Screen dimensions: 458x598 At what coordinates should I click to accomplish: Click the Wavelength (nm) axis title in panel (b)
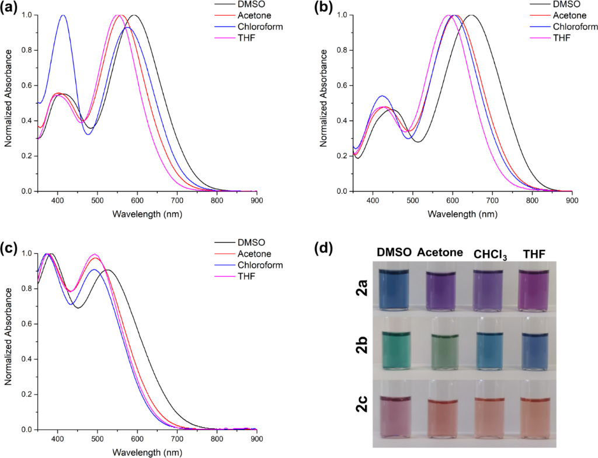coord(462,214)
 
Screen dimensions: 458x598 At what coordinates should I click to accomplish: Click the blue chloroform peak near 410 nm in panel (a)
coord(63,16)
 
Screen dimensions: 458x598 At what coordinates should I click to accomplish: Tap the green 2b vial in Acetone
coord(447,351)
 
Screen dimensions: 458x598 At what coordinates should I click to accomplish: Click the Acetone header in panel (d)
coord(440,253)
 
